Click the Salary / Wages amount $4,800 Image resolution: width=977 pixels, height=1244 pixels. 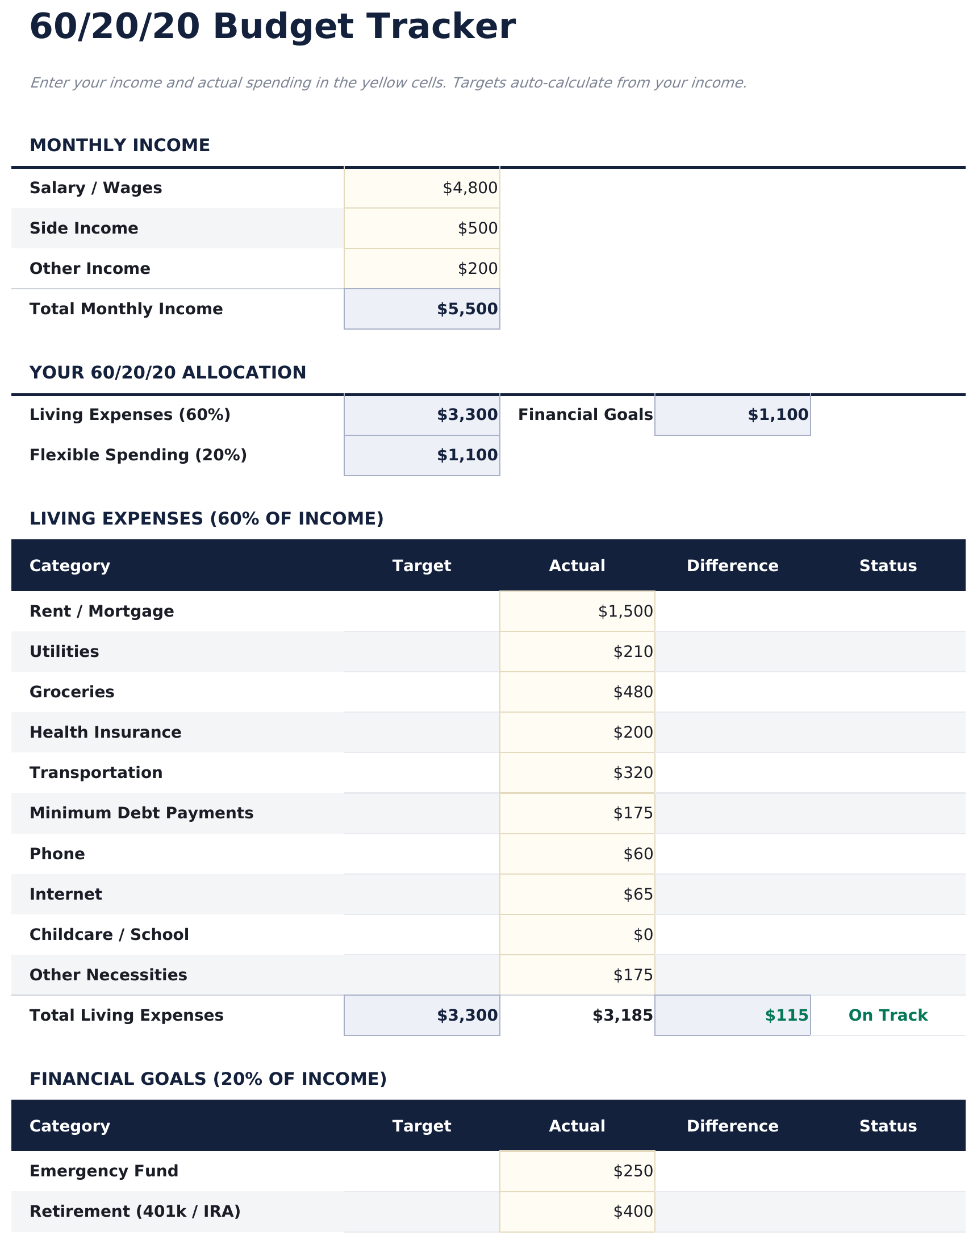click(x=470, y=188)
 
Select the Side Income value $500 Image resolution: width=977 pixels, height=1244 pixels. click(x=477, y=228)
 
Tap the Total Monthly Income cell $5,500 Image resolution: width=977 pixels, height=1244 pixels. click(x=467, y=309)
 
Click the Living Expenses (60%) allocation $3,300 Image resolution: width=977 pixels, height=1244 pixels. click(x=467, y=415)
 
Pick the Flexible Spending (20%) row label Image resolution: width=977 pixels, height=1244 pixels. click(x=138, y=455)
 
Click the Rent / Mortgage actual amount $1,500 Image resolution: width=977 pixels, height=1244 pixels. click(x=625, y=611)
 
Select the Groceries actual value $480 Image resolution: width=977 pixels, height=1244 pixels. click(x=633, y=692)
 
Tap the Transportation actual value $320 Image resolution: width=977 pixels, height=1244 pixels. click(x=633, y=772)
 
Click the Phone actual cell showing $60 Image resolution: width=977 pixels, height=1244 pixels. click(x=638, y=854)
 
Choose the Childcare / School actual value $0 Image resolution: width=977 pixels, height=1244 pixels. click(x=643, y=934)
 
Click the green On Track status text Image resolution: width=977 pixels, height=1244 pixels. click(x=887, y=1015)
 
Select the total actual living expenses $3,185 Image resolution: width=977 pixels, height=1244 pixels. click(x=622, y=1015)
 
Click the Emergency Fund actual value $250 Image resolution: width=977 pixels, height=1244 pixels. click(x=633, y=1171)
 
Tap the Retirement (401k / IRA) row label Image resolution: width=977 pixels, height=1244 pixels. click(x=135, y=1212)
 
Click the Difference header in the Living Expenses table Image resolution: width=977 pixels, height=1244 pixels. click(x=732, y=566)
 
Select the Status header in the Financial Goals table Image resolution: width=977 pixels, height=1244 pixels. click(x=887, y=1126)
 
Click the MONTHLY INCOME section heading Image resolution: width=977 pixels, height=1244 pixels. click(x=119, y=145)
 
